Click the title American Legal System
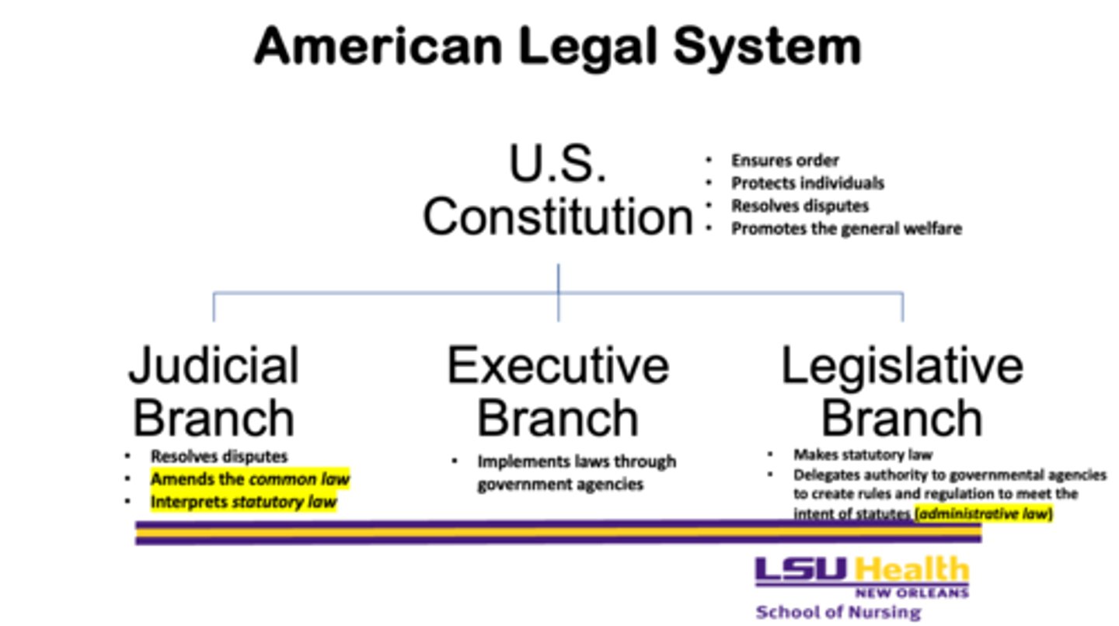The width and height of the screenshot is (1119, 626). coord(557,46)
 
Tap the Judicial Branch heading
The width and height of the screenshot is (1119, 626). coord(214,391)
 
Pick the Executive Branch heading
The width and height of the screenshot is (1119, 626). coord(558,391)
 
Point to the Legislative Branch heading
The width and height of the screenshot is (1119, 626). coord(902,391)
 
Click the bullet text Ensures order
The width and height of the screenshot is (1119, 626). coord(785,161)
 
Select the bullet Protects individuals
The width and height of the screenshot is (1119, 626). coord(807,183)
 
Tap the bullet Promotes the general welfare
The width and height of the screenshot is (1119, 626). coord(846,228)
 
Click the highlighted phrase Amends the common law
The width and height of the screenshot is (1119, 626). coord(249,479)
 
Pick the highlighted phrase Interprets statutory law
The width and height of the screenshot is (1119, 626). coord(243,502)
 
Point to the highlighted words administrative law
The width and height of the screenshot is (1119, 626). coord(983,513)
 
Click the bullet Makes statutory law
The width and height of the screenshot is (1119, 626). coord(863,454)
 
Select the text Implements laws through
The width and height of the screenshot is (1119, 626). coord(577,461)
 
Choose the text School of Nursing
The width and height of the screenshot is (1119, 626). coord(838,612)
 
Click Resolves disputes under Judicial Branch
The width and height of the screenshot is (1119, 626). coord(219,457)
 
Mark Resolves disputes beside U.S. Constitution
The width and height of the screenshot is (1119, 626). coord(800,206)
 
